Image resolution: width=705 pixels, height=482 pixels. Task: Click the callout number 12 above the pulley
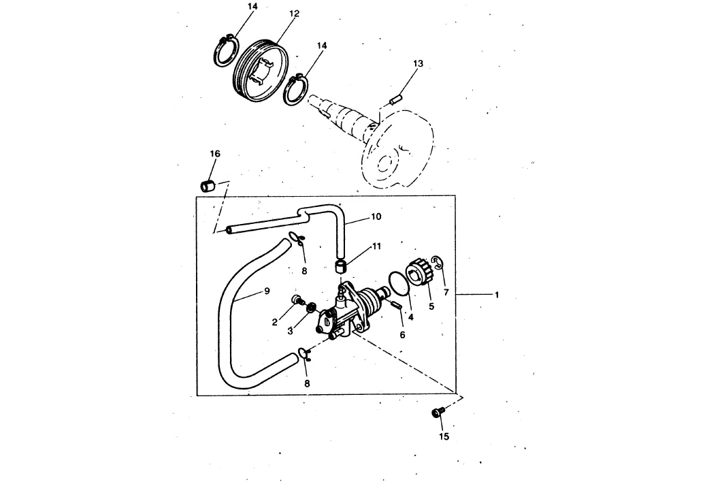(294, 14)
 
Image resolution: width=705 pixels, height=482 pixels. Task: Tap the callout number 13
(418, 63)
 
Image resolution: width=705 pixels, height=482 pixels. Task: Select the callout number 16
(215, 154)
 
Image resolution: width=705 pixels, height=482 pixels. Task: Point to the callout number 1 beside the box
(497, 295)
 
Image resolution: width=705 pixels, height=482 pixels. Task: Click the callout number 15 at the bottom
(444, 436)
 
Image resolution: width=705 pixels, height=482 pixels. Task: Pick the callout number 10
(376, 216)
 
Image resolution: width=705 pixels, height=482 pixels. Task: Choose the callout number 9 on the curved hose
(267, 291)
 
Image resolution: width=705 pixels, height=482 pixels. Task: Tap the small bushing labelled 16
(208, 185)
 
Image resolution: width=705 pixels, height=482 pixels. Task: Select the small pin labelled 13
(395, 99)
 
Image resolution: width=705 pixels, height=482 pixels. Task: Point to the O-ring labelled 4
(399, 283)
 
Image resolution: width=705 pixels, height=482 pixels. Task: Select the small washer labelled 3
(310, 308)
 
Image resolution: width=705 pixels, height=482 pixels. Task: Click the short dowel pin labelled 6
(395, 304)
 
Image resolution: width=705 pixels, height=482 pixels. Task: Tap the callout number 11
(376, 246)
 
